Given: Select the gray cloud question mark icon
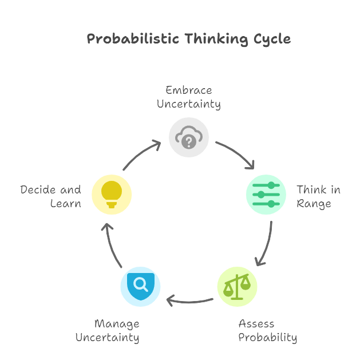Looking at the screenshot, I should (189, 137).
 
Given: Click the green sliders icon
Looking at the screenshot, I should (266, 195).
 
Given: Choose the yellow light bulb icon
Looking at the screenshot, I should (112, 195).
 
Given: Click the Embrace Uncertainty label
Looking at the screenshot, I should (189, 97).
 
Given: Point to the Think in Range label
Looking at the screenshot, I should (314, 196).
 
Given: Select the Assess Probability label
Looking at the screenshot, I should (267, 331).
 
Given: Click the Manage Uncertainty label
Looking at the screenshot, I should (108, 331).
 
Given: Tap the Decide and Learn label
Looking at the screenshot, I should (51, 196).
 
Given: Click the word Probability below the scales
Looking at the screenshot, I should (267, 337).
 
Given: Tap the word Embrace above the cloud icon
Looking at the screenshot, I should (189, 90).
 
